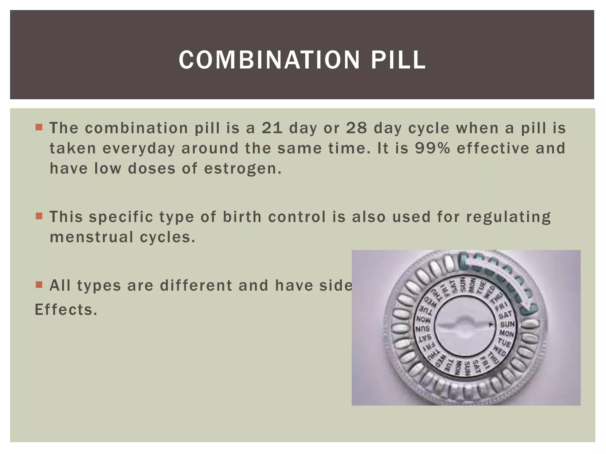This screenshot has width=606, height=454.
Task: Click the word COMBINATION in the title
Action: pos(269,60)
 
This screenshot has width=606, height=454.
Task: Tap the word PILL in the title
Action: pos(398,60)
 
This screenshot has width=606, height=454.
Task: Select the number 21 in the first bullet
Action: pos(272,128)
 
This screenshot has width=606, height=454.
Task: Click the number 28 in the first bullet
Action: pos(357,128)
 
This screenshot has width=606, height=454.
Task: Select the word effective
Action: pos(493,148)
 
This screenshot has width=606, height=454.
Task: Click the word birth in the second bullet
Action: pos(242,217)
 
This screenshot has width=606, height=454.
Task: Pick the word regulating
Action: pos(508,217)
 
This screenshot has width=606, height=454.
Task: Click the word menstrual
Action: pos(91,237)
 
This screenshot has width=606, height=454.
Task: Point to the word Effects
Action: pos(66,310)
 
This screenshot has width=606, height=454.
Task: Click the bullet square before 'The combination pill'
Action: pos(39,127)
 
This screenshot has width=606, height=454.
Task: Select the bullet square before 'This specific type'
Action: pos(39,216)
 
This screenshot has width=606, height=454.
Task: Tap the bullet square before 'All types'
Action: pos(39,285)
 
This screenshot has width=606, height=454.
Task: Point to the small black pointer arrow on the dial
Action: pos(491,325)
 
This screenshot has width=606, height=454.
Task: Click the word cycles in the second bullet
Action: pos(167,237)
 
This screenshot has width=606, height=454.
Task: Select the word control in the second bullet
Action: pos(297,217)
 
